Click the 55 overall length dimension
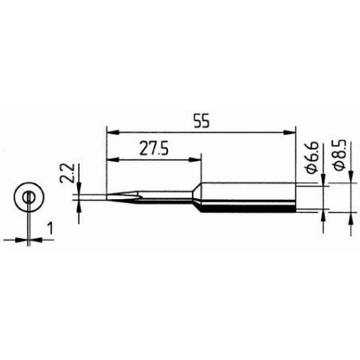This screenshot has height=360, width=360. point(202,121)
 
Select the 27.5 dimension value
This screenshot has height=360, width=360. point(154,149)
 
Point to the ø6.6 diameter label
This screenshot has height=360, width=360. point(312,158)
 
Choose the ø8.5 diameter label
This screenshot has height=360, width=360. point(340,155)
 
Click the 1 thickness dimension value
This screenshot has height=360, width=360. point(49,229)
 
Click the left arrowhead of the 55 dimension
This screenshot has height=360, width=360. point(112,132)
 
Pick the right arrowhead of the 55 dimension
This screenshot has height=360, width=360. point(289,132)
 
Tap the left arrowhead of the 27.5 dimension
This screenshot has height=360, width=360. point(112,160)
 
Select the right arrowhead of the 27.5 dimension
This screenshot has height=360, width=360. point(195,160)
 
